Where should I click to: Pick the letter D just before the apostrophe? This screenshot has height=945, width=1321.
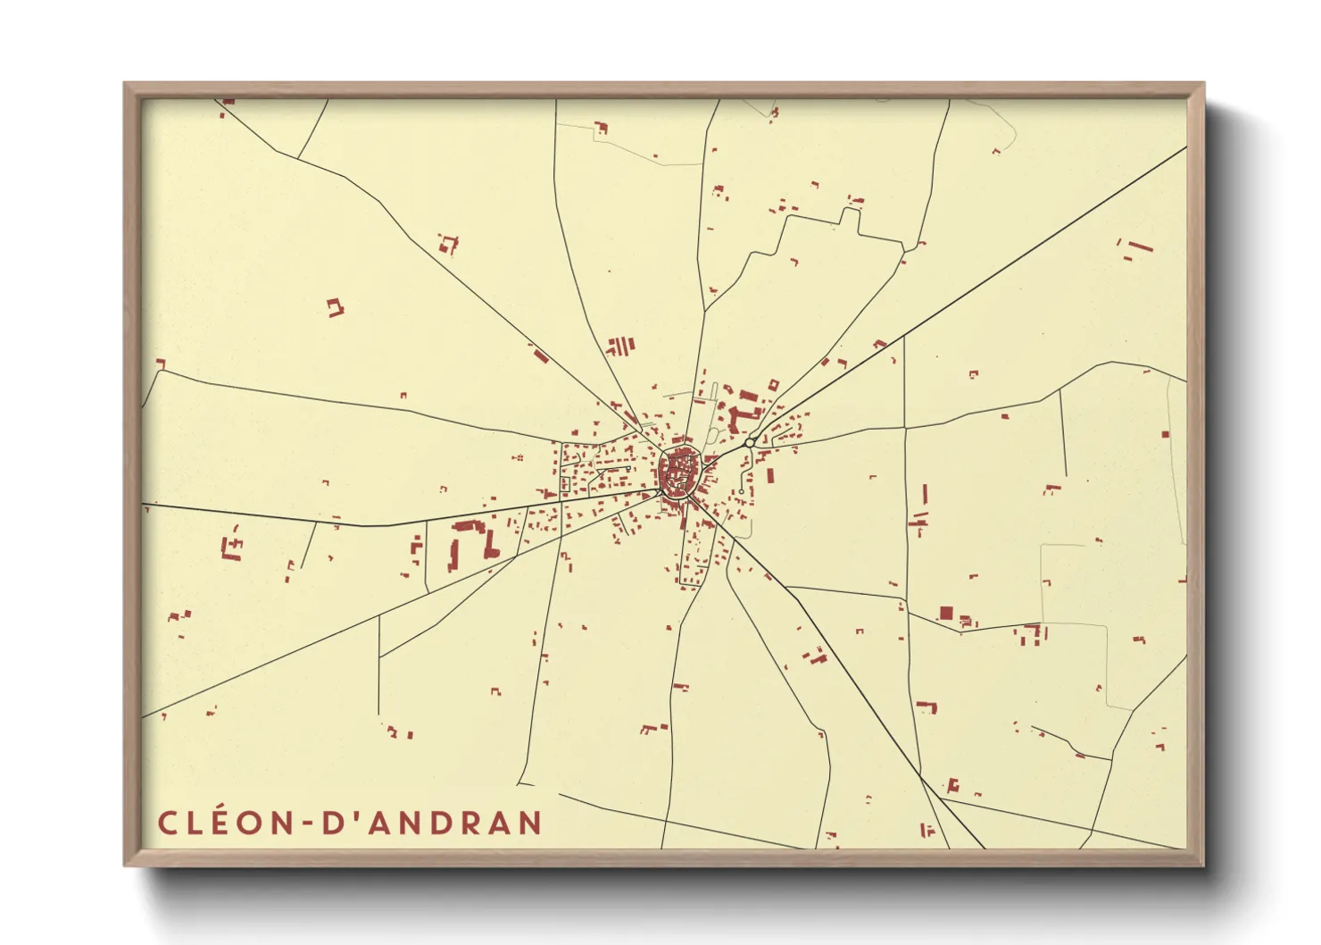click(x=331, y=823)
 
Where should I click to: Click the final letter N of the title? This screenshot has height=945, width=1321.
click(x=529, y=823)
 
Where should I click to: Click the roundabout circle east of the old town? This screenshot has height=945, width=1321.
click(x=751, y=443)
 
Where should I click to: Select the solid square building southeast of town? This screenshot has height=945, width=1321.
click(x=946, y=613)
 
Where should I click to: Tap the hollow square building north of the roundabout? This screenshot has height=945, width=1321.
click(x=773, y=384)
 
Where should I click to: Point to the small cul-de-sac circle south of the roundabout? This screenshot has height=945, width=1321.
click(x=742, y=491)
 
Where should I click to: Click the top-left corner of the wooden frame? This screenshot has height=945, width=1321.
click(x=125, y=84)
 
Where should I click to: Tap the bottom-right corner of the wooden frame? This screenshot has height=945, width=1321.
click(x=1203, y=865)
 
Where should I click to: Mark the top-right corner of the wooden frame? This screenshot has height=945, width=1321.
click(x=1203, y=84)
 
